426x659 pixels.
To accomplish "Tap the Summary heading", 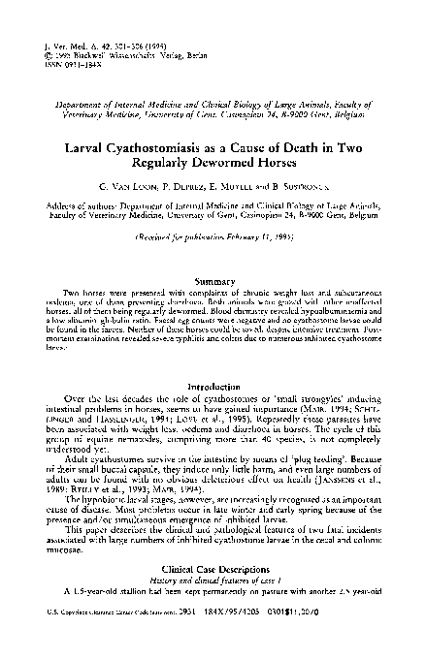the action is click(213, 280).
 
